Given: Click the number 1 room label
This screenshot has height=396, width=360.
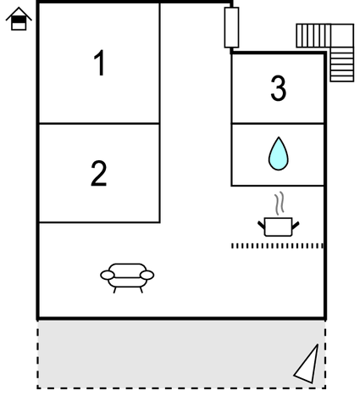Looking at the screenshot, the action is pos(100,63).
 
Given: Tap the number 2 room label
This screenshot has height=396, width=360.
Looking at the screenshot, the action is pos(99,173).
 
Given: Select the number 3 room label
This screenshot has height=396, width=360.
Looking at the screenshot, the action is pos(279,88).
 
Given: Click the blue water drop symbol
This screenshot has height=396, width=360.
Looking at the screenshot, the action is pos(279,153).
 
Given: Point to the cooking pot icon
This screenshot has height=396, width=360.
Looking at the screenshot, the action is pos(279,226).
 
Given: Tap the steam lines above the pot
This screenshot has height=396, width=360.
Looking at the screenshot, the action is pos(279,203).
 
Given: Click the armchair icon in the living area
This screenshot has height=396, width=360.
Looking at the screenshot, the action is pos(127,278).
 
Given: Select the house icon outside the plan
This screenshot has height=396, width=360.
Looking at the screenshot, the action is pos(19,19).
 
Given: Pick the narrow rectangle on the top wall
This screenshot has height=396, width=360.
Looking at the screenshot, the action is pos(231,27).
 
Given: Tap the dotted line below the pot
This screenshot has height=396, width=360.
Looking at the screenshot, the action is pos(277,246).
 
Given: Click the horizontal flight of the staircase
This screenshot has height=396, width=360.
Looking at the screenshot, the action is pos(313,36).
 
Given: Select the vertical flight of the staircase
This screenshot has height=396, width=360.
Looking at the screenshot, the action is pos(342,64).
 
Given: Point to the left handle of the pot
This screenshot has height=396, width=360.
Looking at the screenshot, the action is pos(262,226).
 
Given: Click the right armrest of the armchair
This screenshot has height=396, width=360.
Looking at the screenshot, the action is pos(147,275).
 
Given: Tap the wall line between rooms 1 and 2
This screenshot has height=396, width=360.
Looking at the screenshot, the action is pos(99,124).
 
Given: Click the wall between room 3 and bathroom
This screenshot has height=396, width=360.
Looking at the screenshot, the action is pos(278,124).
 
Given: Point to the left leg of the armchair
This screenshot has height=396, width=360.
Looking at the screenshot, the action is pos(114,290).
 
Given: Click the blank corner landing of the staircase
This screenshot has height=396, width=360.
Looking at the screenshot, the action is pos(342,36).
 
